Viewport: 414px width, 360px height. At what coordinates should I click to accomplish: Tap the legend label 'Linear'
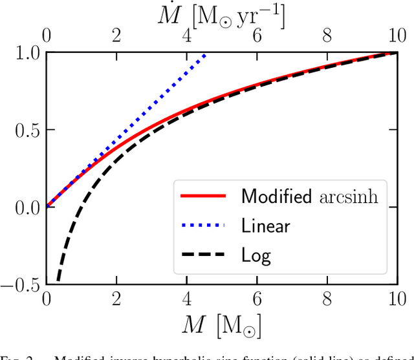coord(265,226)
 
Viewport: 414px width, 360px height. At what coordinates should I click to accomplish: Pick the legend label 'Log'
coord(256,255)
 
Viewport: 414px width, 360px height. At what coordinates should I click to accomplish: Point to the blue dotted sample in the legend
coord(200,226)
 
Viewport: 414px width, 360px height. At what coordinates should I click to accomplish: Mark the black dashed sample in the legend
coord(200,255)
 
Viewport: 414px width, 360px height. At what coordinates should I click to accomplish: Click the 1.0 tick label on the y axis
coord(25,53)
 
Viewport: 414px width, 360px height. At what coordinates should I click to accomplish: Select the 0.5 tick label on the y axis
coord(25,130)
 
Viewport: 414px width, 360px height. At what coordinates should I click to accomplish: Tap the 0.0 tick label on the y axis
coord(25,207)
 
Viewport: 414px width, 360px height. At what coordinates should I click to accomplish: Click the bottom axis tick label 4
coord(187,300)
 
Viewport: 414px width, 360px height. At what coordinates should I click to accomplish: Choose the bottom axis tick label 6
coord(257,300)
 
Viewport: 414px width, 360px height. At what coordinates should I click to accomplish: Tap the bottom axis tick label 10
coord(397,300)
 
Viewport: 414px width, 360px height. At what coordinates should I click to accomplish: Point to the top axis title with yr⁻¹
coord(221,13)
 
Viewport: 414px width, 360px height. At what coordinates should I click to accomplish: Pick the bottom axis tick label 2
coord(116,300)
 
